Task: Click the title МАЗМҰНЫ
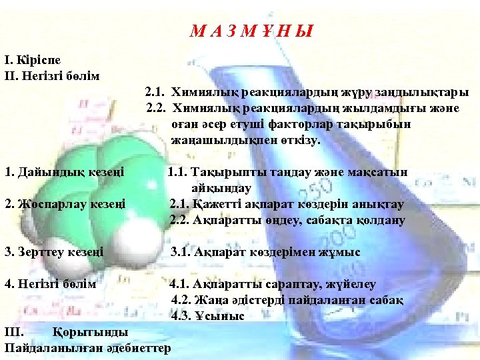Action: (x=251, y=31)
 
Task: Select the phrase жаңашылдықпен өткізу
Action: (x=245, y=140)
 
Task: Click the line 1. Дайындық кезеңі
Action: (x=64, y=172)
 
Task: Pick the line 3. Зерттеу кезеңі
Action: (x=54, y=252)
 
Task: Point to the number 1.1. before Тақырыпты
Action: (x=179, y=172)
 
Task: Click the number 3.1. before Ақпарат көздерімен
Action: (x=182, y=252)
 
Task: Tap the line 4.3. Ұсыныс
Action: (x=207, y=316)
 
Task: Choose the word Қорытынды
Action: (x=90, y=332)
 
